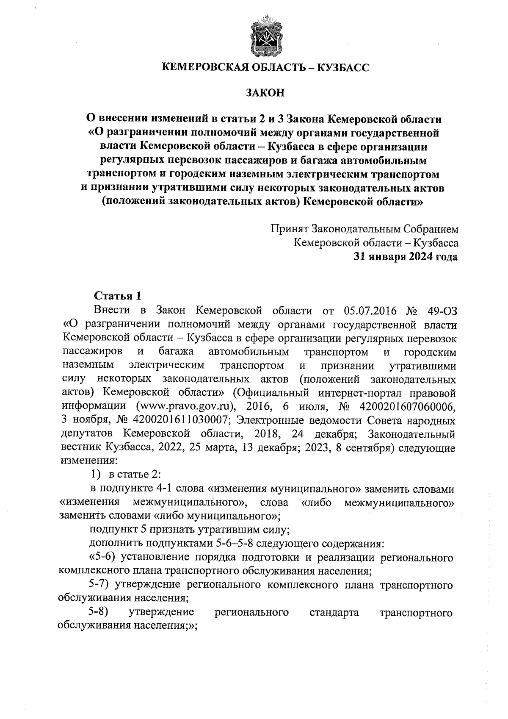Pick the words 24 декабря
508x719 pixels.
(x=323, y=434)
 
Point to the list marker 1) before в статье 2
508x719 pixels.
(x=98, y=475)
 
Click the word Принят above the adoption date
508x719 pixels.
(x=290, y=229)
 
